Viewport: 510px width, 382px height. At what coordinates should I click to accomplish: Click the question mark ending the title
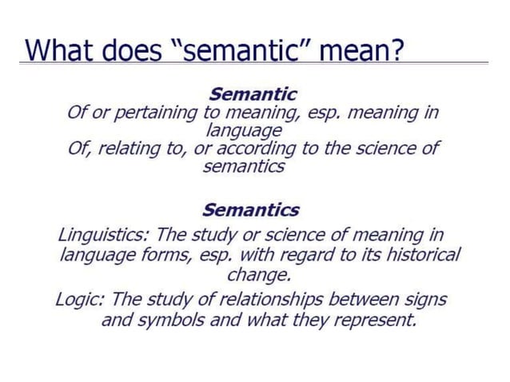(x=396, y=49)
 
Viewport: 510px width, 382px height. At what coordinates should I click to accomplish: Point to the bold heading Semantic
(x=253, y=94)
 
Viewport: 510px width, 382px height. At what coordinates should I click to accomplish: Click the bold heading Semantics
(x=251, y=210)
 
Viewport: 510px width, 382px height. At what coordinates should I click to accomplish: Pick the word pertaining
(x=157, y=113)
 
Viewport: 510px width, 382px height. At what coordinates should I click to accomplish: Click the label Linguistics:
(x=104, y=236)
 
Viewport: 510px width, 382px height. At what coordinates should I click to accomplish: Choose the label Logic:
(x=80, y=300)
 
